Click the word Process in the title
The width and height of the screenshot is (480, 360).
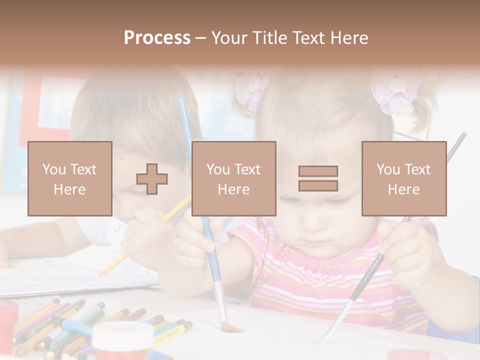click(x=157, y=38)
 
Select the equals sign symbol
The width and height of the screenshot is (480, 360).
click(x=318, y=178)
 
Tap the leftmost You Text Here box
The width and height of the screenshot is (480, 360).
click(x=70, y=178)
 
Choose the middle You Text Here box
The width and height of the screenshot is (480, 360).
click(x=233, y=178)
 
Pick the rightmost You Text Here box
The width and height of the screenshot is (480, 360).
click(x=403, y=178)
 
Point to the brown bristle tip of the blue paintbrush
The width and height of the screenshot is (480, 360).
click(x=232, y=327)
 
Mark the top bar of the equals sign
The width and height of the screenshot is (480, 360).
click(x=318, y=171)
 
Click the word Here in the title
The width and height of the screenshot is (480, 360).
click(x=348, y=38)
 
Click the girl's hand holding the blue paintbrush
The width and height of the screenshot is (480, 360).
click(x=202, y=235)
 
